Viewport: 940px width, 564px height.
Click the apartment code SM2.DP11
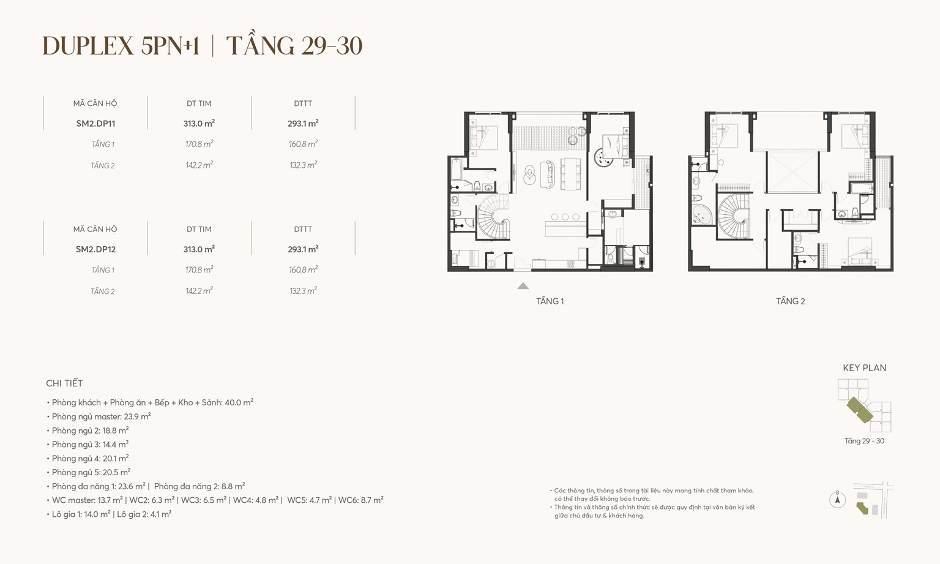(95, 124)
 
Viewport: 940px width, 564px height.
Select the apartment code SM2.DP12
(95, 249)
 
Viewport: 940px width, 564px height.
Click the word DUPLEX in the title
(88, 47)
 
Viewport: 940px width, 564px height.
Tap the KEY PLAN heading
(864, 368)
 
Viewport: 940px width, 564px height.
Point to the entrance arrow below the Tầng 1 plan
(523, 286)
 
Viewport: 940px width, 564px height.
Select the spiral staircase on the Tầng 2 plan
(734, 216)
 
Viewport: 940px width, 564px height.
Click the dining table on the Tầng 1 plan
(570, 173)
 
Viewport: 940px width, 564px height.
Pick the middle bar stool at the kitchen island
(565, 217)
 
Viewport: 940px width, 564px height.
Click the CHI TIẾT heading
(64, 383)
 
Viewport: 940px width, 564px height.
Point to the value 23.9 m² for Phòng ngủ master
(137, 416)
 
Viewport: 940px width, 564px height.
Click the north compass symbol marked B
(837, 500)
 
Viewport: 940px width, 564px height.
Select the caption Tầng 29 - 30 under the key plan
(864, 441)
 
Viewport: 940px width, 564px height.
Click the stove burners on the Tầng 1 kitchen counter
(570, 265)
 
